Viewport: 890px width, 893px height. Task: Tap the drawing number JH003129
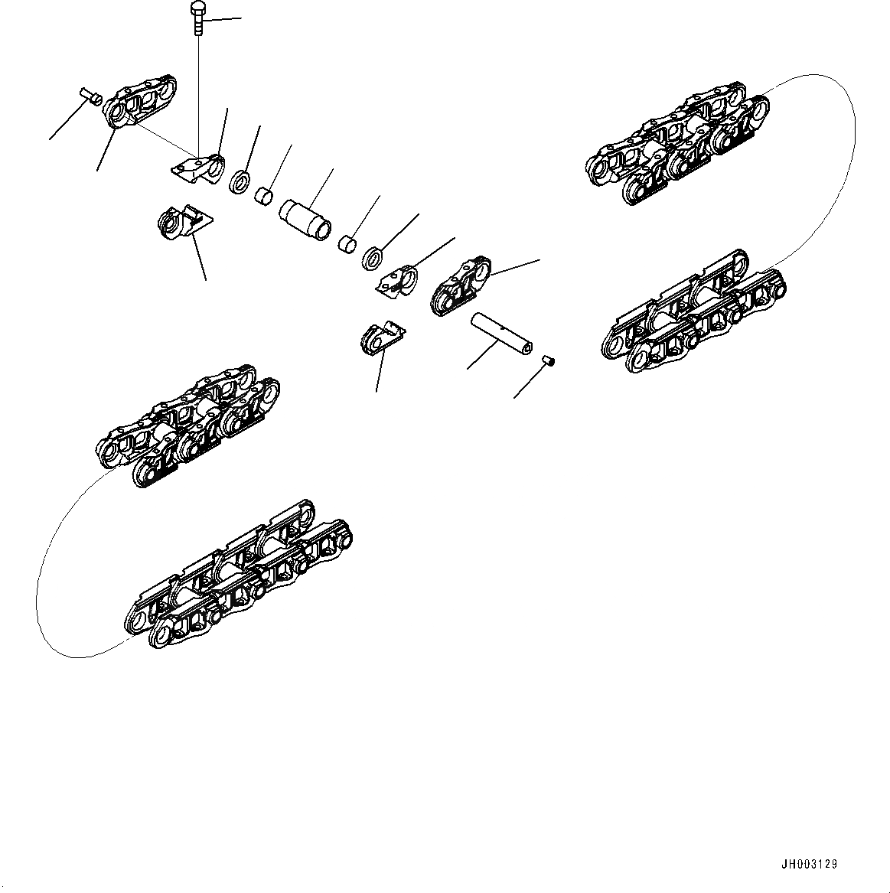809,864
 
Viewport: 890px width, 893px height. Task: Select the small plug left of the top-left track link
91,96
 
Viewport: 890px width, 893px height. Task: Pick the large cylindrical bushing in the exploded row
307,219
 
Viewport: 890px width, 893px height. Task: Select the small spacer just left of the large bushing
264,198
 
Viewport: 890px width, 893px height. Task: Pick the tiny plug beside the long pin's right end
548,361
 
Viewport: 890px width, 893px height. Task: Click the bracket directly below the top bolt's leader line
197,170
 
